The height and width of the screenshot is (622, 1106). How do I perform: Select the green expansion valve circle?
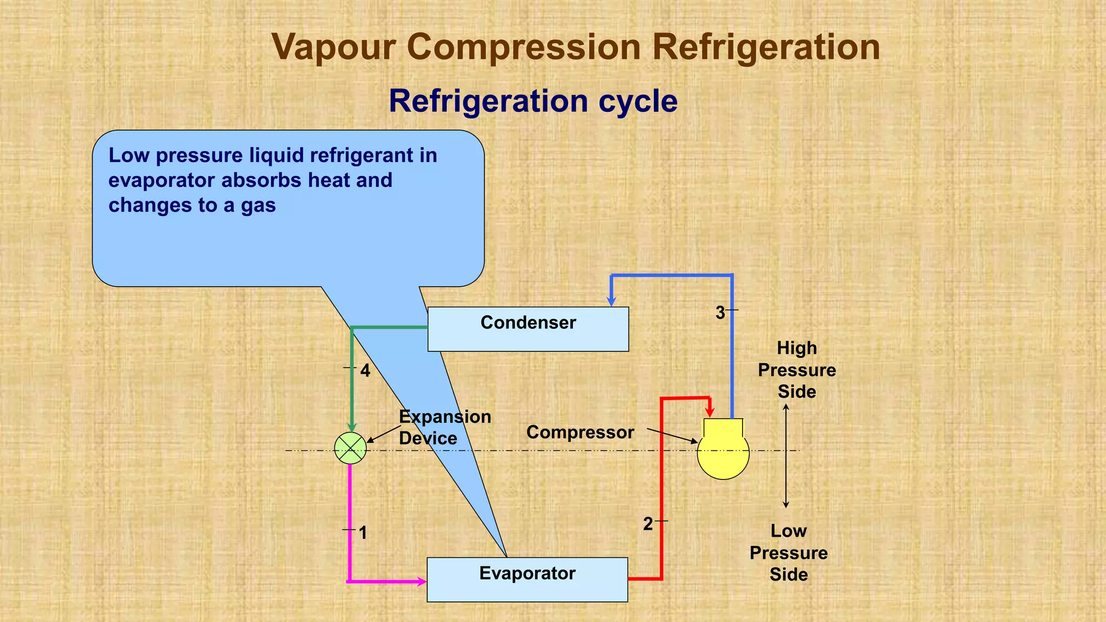click(x=350, y=449)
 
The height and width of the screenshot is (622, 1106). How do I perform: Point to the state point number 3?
click(x=720, y=313)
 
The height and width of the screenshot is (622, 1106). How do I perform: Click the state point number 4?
click(x=365, y=371)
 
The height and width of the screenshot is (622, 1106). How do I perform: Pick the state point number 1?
click(x=363, y=533)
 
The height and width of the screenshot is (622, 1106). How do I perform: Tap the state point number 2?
click(x=648, y=524)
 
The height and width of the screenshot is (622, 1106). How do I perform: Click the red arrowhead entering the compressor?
click(x=710, y=411)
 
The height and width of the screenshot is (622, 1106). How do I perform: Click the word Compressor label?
click(x=580, y=432)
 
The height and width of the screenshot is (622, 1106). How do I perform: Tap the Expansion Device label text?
click(x=444, y=427)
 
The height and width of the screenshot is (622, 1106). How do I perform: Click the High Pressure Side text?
click(x=797, y=370)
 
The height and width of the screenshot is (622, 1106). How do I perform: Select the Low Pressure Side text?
click(x=788, y=552)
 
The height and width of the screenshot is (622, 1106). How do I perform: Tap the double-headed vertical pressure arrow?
click(x=786, y=456)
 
